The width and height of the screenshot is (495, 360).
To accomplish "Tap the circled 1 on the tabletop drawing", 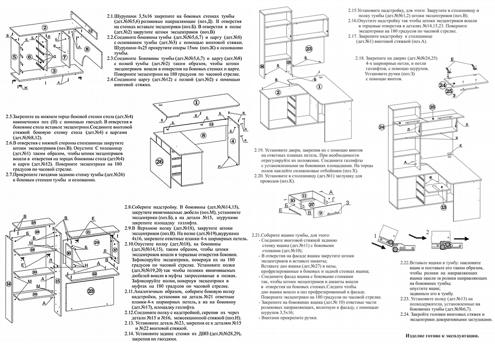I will [196, 102].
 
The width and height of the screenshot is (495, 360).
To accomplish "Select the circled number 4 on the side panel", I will [233, 140].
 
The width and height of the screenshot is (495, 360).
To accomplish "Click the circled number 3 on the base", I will [54, 71].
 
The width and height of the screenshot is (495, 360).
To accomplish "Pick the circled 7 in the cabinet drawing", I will [64, 57].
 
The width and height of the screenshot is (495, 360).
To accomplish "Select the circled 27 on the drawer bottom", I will [311, 205].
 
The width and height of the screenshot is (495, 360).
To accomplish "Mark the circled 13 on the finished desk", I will [444, 207].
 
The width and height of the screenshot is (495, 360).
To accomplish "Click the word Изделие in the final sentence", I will [417, 336].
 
